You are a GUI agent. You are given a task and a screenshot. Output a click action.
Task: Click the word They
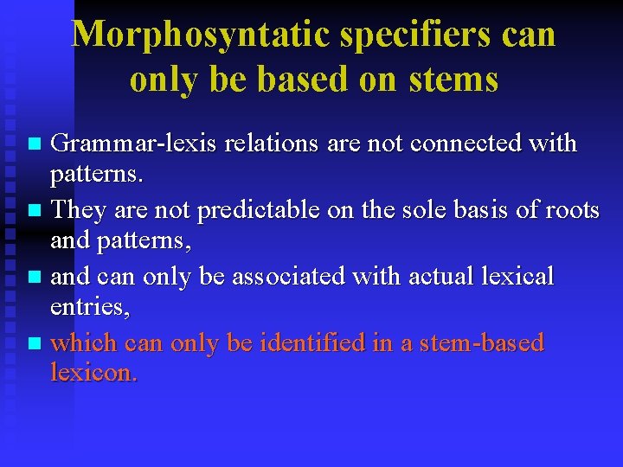pos(79,210)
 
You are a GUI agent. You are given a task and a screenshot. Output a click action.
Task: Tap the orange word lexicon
pos(93,374)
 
